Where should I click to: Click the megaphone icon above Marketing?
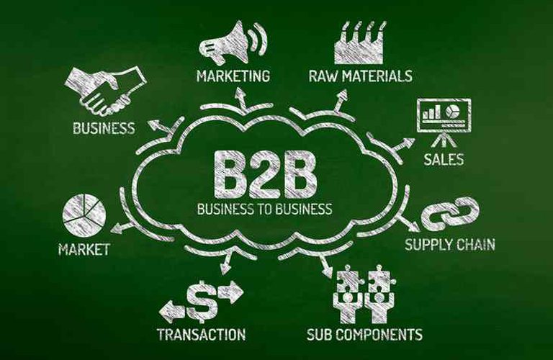tap(233, 42)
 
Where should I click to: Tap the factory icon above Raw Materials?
tap(360, 42)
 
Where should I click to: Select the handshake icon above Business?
tap(105, 91)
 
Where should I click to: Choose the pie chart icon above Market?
tap(84, 214)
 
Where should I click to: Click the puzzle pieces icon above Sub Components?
tap(365, 294)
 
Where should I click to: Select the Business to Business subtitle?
tap(264, 209)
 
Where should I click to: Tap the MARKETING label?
tap(233, 76)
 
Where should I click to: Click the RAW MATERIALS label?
tap(361, 76)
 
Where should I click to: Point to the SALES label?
tap(444, 159)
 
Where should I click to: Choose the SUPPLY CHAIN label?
tap(449, 244)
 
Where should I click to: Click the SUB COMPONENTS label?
tap(364, 334)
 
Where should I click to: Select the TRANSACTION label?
tap(202, 334)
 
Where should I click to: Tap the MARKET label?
tap(84, 249)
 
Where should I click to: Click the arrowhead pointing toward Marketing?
tap(241, 93)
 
